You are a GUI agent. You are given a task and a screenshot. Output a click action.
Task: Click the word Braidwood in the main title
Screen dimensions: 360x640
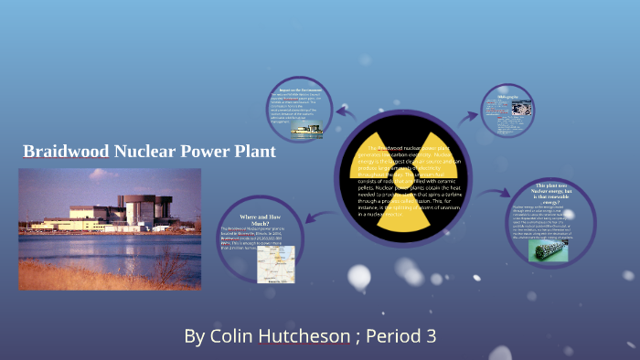pyautogui.click(x=67, y=152)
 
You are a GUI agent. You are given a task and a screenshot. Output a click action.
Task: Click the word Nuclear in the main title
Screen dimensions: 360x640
pyautogui.click(x=150, y=152)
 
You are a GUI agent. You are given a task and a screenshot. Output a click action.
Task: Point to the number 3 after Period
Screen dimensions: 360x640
pyautogui.click(x=430, y=336)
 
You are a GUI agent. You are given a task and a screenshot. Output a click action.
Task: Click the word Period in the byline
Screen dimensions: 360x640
pyautogui.click(x=395, y=336)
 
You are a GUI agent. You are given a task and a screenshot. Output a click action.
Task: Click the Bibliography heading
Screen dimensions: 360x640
pyautogui.click(x=508, y=96)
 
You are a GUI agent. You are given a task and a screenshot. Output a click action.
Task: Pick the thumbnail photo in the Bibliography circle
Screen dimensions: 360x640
pyautogui.click(x=522, y=108)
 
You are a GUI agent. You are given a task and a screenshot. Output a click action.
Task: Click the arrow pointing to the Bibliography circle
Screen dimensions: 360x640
pyautogui.click(x=468, y=114)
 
